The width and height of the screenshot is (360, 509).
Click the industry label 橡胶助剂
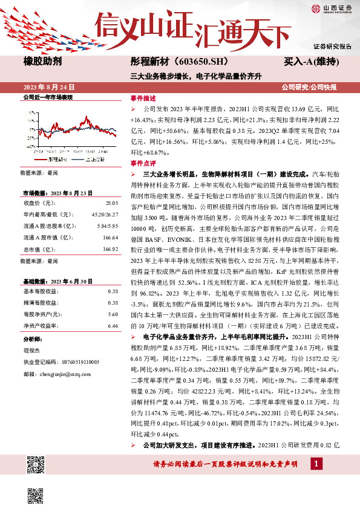pos(41,61)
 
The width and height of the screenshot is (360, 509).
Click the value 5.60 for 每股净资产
pos(113,314)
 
